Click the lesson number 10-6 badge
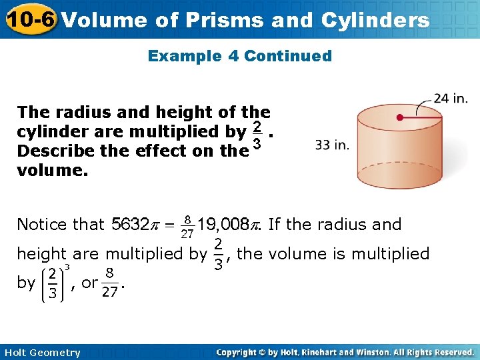click(29, 20)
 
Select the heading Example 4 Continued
click(239, 56)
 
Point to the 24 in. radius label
click(451, 99)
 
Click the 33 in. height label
click(332, 145)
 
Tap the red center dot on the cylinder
click(399, 117)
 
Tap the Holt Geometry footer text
click(41, 353)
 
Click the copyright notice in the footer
click(345, 352)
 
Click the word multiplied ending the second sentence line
click(391, 253)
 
